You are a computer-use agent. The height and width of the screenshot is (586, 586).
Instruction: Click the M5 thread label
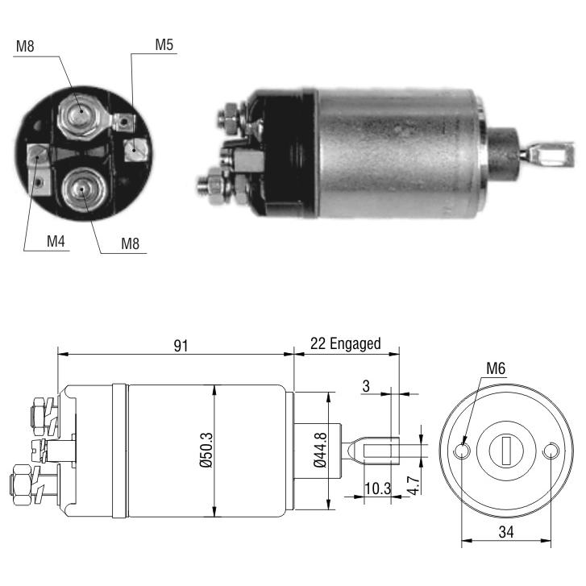coord(164,45)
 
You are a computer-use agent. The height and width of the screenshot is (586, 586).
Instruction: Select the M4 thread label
coord(56,242)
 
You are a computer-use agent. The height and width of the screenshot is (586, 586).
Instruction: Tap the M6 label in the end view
coord(496,368)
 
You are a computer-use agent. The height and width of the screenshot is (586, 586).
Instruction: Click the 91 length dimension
coord(181,346)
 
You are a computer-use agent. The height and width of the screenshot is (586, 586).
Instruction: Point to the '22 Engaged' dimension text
coord(345,343)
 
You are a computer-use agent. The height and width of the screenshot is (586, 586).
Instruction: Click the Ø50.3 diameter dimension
coord(206,450)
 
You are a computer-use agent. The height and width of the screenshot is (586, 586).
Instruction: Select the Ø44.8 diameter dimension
coord(320,450)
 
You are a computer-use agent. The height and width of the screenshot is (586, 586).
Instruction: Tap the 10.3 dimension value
coord(377,488)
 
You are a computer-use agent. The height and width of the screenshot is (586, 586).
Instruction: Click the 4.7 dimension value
coord(414,485)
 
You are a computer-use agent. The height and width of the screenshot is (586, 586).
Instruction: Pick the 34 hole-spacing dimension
coord(506,532)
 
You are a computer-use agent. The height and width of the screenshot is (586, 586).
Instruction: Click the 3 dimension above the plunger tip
coord(366,386)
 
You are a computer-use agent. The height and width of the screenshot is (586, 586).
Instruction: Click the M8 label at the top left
coord(25,46)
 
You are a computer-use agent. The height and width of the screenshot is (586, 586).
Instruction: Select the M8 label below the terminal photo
coord(130,243)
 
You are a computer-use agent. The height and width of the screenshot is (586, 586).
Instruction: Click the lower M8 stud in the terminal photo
coord(82,190)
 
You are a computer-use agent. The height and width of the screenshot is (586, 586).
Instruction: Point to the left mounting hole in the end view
coord(463,451)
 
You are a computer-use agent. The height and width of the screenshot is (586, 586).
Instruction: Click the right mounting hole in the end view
coord(550,451)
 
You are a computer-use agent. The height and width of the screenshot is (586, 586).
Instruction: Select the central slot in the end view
coord(506,451)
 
